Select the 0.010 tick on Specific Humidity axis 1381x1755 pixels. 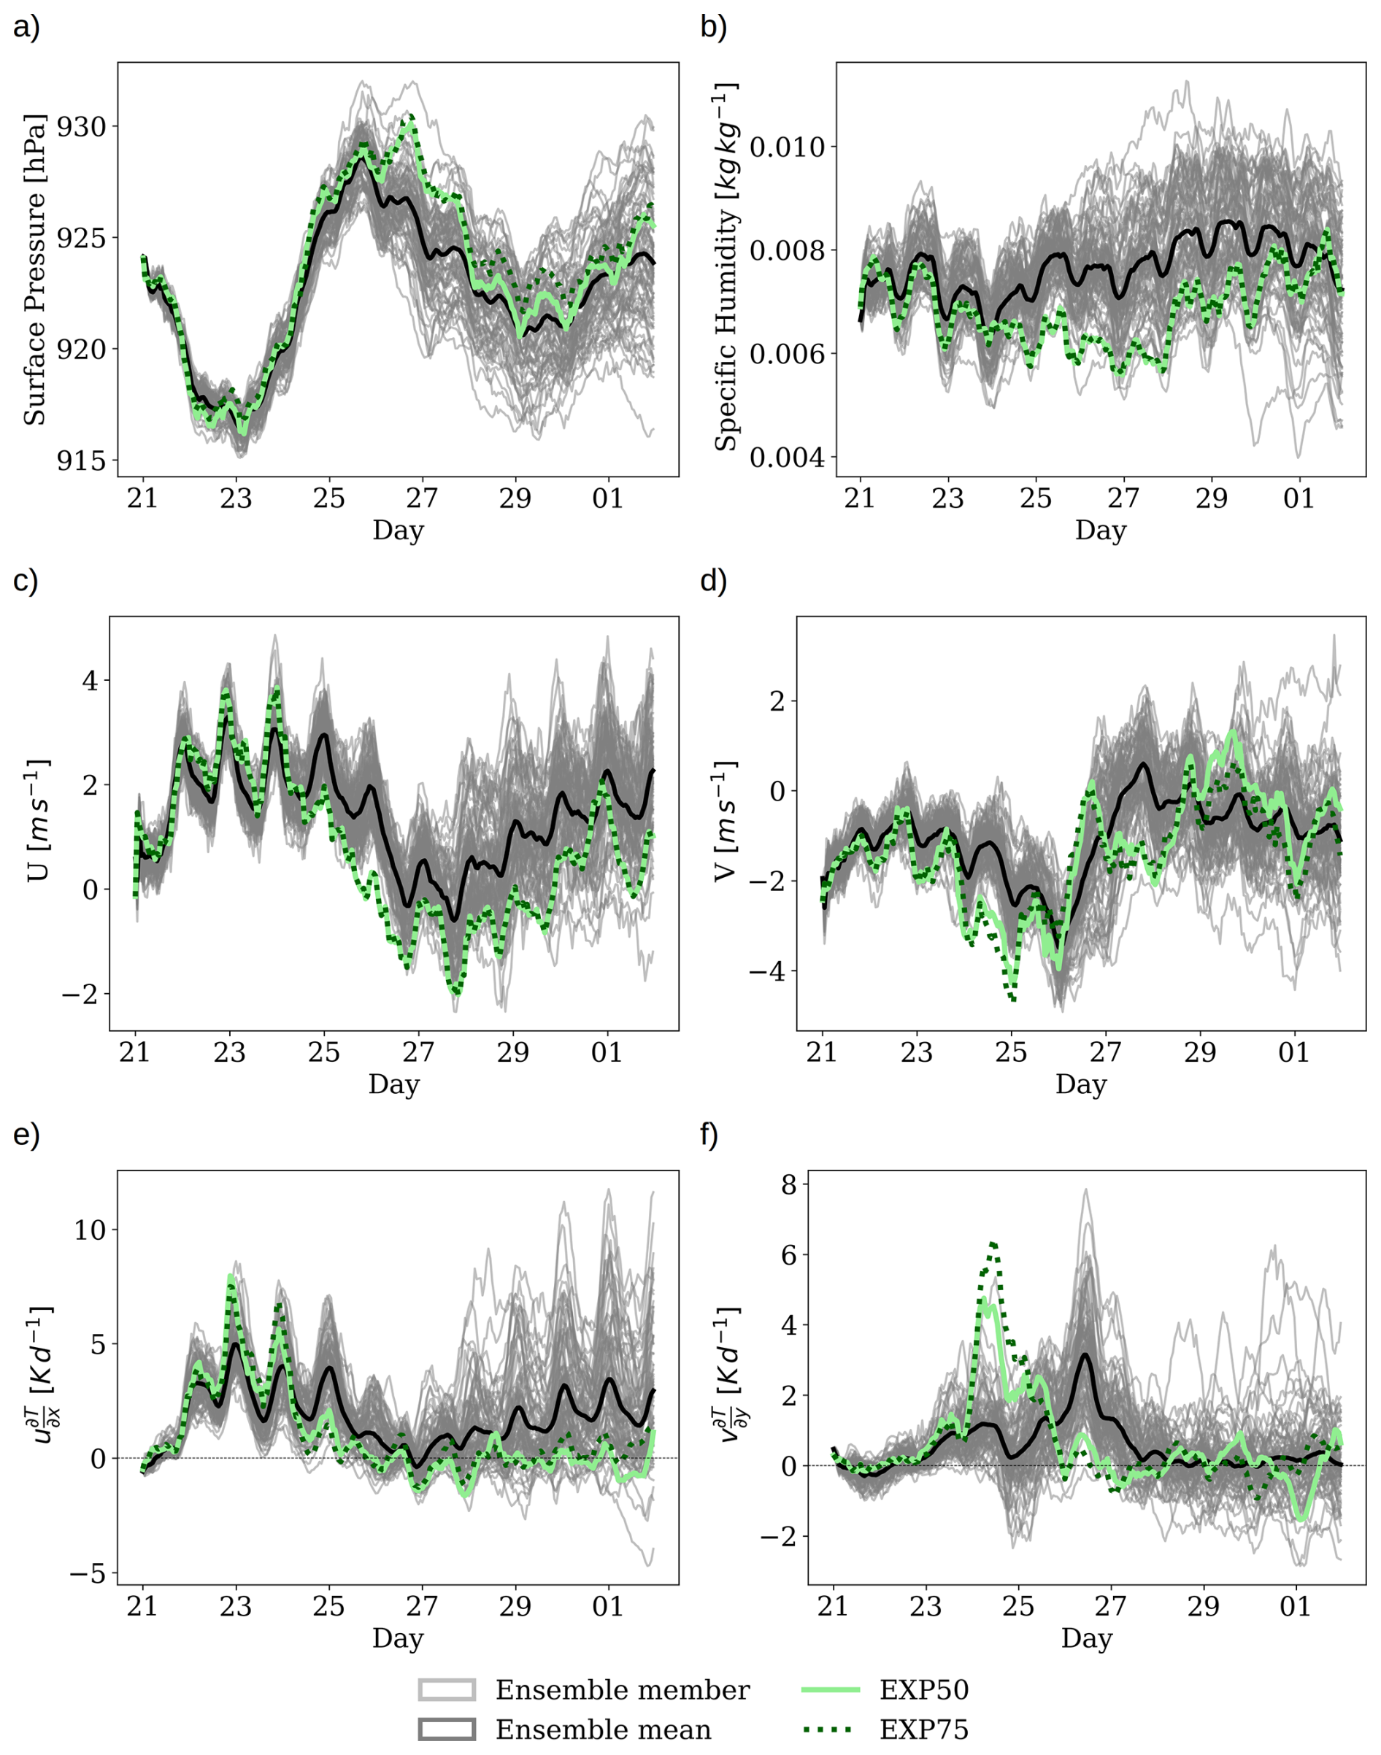(787, 148)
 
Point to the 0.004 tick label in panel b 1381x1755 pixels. (787, 458)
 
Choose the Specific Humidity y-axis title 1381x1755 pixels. (726, 267)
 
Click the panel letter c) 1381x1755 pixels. (26, 581)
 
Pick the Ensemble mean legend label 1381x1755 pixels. (603, 1730)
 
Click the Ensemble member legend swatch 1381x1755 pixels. (446, 1689)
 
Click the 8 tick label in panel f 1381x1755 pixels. (788, 1185)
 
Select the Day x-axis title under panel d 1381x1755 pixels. (1080, 1084)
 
